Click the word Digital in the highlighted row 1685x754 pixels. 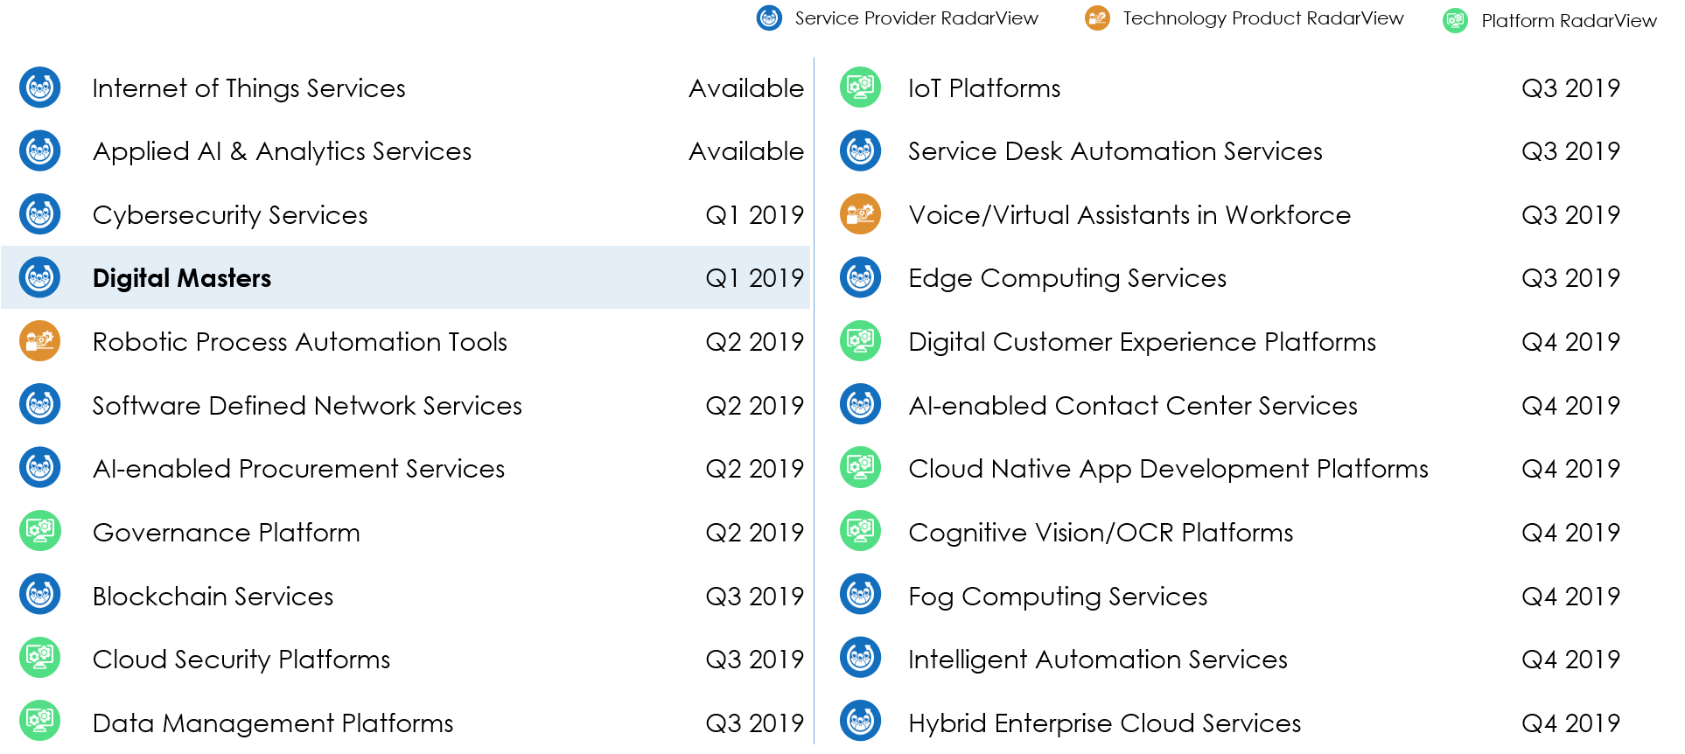[x=131, y=278]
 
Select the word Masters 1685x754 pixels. [x=224, y=278]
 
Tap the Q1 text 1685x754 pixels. [x=723, y=278]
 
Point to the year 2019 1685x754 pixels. [x=776, y=278]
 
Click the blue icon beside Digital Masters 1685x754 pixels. [x=40, y=277]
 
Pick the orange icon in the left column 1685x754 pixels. [x=40, y=340]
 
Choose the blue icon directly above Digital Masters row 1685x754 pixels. [x=40, y=214]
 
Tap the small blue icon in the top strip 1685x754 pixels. [x=769, y=17]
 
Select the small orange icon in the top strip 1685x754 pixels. [x=1097, y=17]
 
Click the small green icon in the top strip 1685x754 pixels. [x=1455, y=20]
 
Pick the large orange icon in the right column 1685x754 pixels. [x=860, y=214]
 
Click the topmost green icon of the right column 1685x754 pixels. [x=860, y=87]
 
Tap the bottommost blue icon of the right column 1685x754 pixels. [x=860, y=721]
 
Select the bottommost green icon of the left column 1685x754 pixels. [x=40, y=721]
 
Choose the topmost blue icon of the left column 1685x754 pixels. [x=40, y=87]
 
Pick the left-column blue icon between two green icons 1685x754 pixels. [x=40, y=594]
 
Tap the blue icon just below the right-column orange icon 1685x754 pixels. [x=860, y=277]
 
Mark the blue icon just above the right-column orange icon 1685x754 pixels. [x=860, y=150]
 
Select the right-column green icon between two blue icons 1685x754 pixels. [x=860, y=340]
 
